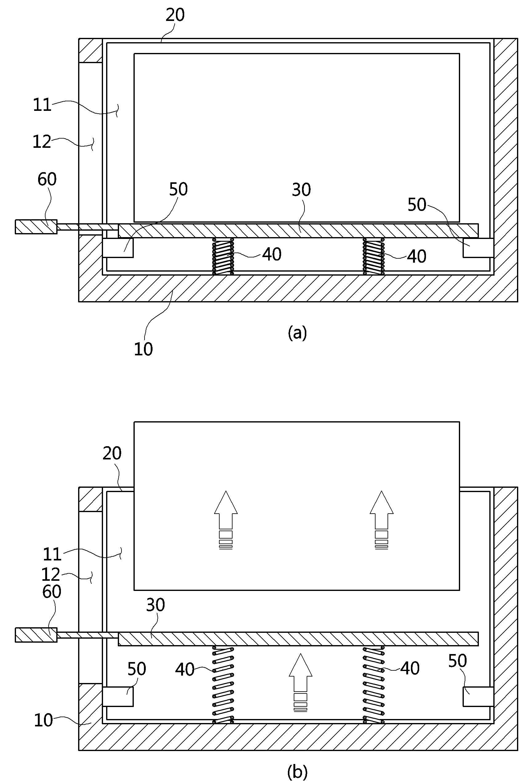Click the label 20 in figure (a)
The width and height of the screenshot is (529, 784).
point(175,15)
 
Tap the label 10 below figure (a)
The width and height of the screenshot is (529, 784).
point(144,349)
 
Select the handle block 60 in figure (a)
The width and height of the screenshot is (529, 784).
point(36,227)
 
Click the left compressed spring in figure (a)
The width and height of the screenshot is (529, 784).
point(223,256)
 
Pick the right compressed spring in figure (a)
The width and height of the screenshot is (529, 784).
point(373,256)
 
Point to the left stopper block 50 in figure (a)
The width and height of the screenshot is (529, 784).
point(117,248)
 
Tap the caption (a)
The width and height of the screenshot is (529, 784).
point(297,333)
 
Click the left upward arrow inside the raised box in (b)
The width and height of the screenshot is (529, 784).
point(226,519)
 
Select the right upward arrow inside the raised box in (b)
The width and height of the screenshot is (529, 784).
point(381,519)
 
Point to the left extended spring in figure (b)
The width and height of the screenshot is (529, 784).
point(223,685)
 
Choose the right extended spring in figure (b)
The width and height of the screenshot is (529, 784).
point(373,685)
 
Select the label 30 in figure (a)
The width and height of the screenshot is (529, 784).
point(301,190)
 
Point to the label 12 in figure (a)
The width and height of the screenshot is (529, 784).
point(42,142)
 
